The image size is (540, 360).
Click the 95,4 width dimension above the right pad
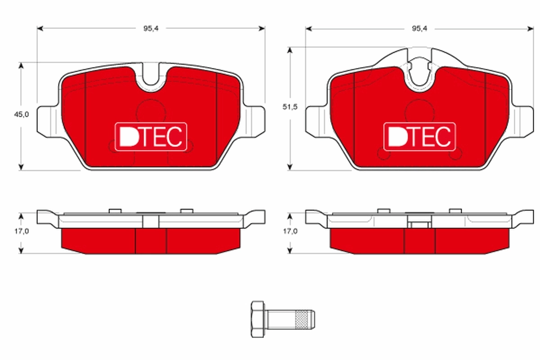click(418, 28)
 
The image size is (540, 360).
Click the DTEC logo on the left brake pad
click(151, 136)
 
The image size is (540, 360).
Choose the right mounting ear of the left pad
click(255, 121)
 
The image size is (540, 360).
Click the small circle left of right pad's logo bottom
click(383, 154)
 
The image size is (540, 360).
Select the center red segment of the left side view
click(151, 240)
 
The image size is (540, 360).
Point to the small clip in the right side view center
click(419, 225)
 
